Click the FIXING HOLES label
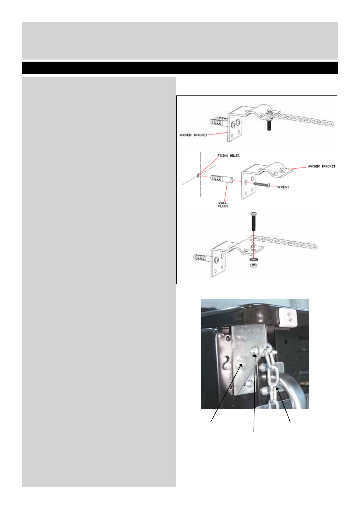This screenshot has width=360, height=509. (229, 156)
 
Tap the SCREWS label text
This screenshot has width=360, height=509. (283, 187)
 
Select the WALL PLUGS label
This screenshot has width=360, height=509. (223, 205)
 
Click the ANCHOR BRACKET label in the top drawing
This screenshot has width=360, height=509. (194, 135)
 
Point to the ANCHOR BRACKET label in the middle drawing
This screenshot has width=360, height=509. (322, 166)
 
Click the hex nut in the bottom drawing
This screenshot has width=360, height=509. (253, 265)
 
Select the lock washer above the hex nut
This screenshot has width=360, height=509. (253, 259)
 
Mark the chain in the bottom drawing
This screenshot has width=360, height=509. (284, 242)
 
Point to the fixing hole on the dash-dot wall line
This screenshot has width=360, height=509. (198, 175)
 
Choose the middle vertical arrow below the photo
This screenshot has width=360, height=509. (254, 393)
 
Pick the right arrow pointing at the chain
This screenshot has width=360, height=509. (283, 405)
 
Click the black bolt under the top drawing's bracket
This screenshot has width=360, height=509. (269, 125)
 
